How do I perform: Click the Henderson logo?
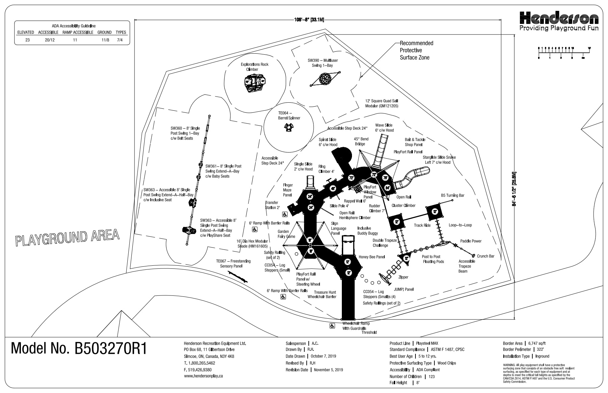point(559,18)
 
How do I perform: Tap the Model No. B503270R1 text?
point(79,348)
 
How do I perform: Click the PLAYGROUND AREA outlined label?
point(68,237)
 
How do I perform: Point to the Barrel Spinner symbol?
point(288,128)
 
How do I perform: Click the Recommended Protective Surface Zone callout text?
point(416,50)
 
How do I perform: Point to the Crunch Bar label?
point(485,256)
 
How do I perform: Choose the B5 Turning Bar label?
point(453,195)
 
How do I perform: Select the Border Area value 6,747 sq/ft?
point(537,343)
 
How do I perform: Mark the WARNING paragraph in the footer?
point(538,373)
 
